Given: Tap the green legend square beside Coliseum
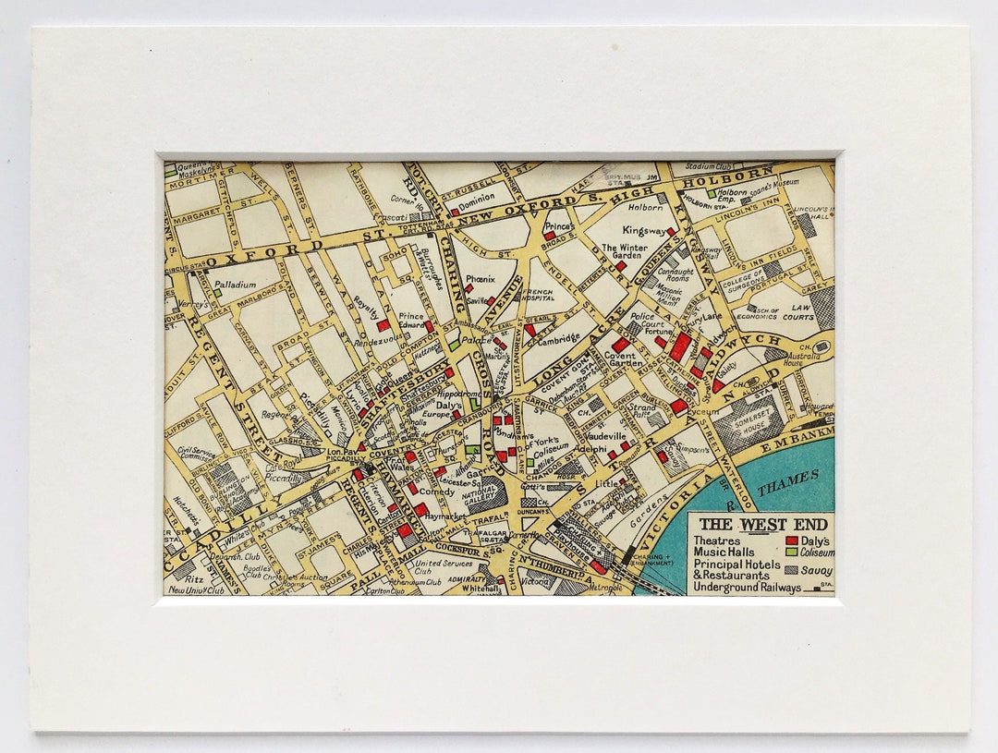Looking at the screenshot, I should (x=791, y=553).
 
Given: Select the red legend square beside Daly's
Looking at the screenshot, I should (x=791, y=540).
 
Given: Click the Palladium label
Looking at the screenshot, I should (x=236, y=285).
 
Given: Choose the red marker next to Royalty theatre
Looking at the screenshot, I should (x=382, y=325).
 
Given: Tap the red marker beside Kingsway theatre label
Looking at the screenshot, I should (x=672, y=233).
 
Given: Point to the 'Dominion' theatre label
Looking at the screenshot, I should (x=478, y=197).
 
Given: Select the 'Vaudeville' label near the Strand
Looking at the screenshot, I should (x=605, y=435).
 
